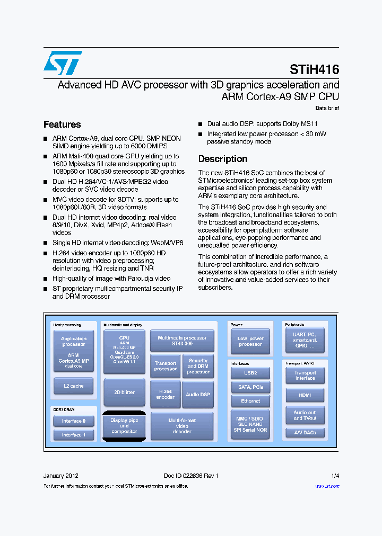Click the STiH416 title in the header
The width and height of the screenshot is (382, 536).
[x=314, y=69]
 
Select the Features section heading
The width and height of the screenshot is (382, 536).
[x=62, y=124]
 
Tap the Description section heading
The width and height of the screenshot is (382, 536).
[x=222, y=159]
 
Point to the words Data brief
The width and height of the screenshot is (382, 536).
[x=327, y=108]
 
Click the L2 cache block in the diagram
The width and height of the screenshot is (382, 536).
[x=74, y=386]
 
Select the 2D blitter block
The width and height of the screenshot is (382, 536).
[x=124, y=392]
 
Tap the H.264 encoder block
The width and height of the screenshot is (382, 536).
[x=166, y=394]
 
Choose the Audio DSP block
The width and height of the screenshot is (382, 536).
[x=198, y=395]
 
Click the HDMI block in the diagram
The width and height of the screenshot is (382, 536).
[x=305, y=395]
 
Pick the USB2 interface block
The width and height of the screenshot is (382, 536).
[x=250, y=373]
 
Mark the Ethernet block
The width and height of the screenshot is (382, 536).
[x=250, y=401]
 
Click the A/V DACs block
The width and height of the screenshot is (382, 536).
[x=305, y=433]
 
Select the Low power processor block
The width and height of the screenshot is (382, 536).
[x=250, y=342]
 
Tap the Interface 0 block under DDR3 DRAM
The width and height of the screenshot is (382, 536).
[x=74, y=421]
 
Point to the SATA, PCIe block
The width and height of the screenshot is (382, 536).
[x=250, y=387]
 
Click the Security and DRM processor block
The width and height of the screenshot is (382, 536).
[x=198, y=366]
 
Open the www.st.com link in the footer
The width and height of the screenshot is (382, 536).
[x=327, y=486]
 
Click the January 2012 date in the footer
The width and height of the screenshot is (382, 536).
[x=61, y=476]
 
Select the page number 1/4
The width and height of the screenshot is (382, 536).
[x=335, y=476]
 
